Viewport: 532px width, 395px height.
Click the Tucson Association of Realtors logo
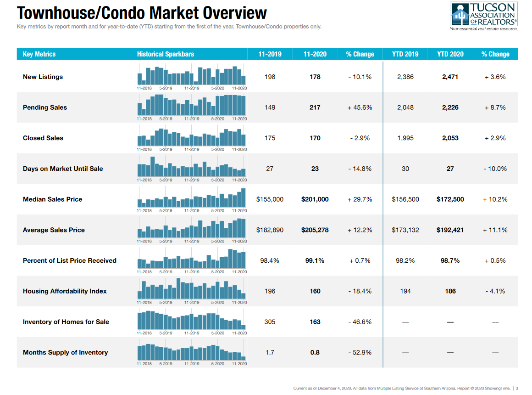pyautogui.click(x=484, y=17)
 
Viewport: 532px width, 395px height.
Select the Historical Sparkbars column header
pyautogui.click(x=165, y=54)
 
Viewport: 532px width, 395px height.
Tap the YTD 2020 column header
pyautogui.click(x=450, y=54)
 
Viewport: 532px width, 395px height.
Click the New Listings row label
pyautogui.click(x=43, y=77)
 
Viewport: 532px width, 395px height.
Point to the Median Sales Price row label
pyautogui.click(x=52, y=199)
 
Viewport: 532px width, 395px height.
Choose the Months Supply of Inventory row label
pyautogui.click(x=65, y=352)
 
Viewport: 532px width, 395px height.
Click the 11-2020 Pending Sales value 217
pyautogui.click(x=315, y=107)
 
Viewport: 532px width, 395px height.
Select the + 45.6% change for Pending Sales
pyautogui.click(x=360, y=107)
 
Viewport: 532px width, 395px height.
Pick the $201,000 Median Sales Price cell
pyautogui.click(x=315, y=199)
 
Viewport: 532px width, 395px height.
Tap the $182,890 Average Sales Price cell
pyautogui.click(x=270, y=230)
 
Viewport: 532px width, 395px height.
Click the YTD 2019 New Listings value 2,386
pyautogui.click(x=405, y=77)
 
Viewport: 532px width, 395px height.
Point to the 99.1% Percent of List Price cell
pyautogui.click(x=315, y=260)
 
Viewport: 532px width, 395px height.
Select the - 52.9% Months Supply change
pyautogui.click(x=360, y=352)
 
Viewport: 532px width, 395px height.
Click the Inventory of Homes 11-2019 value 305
pyautogui.click(x=270, y=322)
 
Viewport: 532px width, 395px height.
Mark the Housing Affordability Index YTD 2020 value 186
pyautogui.click(x=450, y=291)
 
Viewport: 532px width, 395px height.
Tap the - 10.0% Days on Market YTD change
pyautogui.click(x=495, y=169)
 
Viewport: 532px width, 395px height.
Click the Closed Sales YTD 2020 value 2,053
pyautogui.click(x=450, y=138)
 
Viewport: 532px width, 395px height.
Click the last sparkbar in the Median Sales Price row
pyautogui.click(x=244, y=197)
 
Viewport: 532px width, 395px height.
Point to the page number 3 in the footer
pyautogui.click(x=517, y=389)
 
